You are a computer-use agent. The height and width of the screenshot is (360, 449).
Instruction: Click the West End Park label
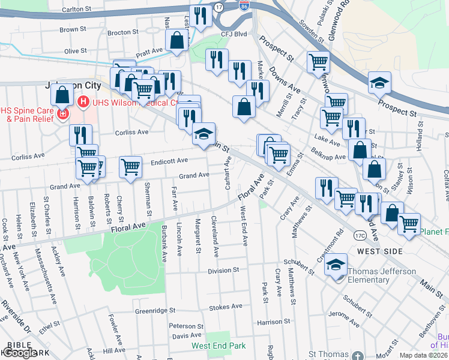click(x=218, y=346)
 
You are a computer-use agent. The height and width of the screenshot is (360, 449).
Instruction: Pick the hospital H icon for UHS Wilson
click(x=83, y=102)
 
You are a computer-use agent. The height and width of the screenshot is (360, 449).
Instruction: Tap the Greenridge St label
click(x=155, y=311)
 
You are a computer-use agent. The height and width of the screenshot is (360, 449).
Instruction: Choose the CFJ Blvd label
click(x=234, y=34)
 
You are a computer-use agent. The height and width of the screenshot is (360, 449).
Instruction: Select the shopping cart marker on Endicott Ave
click(x=130, y=167)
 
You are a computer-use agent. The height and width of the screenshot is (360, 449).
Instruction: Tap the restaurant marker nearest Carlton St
click(x=200, y=16)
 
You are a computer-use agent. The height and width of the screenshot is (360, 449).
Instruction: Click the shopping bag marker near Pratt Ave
click(x=177, y=41)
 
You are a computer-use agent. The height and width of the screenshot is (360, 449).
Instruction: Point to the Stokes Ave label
click(x=225, y=306)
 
